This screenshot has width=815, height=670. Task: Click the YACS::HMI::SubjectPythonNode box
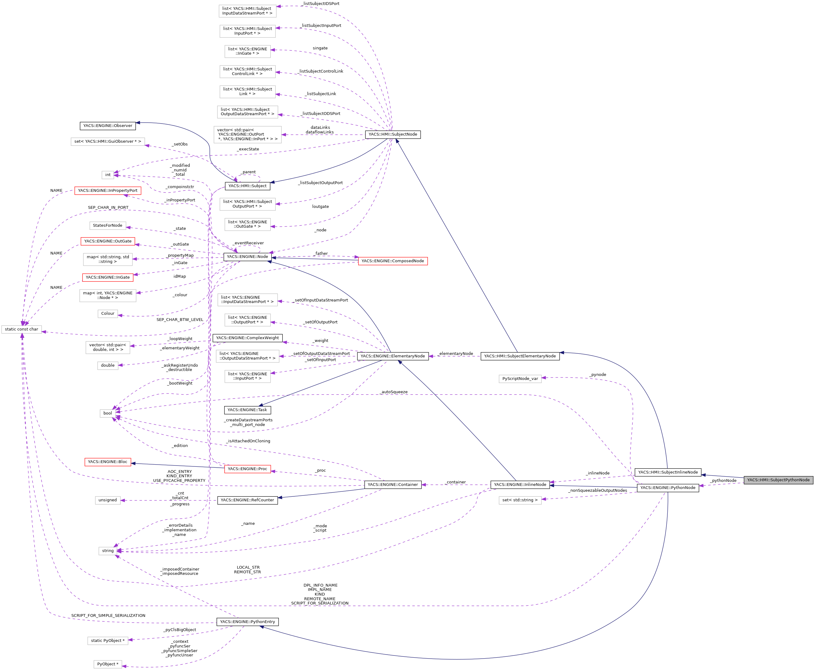click(x=778, y=480)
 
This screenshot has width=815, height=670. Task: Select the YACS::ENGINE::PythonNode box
click(x=668, y=487)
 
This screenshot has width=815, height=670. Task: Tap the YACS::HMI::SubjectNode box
click(x=393, y=134)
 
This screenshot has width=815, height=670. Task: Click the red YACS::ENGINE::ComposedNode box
click(x=393, y=261)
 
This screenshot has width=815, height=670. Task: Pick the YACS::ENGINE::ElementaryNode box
click(x=393, y=356)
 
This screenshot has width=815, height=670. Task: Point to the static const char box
click(x=22, y=329)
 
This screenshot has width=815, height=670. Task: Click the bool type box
click(x=108, y=413)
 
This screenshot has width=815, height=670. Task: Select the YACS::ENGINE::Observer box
click(x=108, y=125)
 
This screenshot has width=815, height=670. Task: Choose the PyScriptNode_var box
click(x=520, y=379)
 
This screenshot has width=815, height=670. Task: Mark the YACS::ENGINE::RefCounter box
click(x=247, y=500)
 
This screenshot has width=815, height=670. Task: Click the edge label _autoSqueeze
click(x=394, y=392)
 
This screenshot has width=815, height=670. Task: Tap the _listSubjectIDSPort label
click(x=321, y=3)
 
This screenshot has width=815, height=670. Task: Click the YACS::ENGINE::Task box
click(x=247, y=410)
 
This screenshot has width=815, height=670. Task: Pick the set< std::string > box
click(x=520, y=500)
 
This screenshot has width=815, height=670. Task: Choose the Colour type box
click(x=108, y=314)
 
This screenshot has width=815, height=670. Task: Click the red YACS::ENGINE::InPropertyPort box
click(x=108, y=190)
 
